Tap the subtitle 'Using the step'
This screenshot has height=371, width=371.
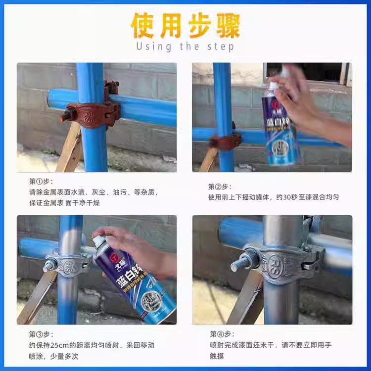click(185, 46)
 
